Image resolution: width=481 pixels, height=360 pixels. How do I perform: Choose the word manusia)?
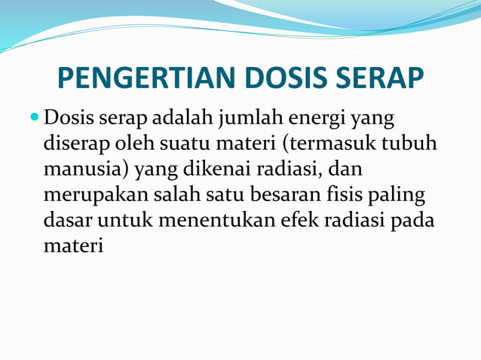(87, 169)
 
